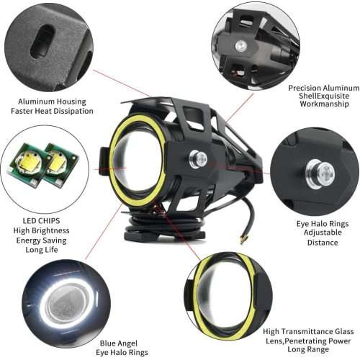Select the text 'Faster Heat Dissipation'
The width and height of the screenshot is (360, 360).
[52, 111]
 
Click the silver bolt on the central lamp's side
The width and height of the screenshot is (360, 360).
[197, 158]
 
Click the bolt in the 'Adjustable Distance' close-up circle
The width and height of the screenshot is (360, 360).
[320, 172]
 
